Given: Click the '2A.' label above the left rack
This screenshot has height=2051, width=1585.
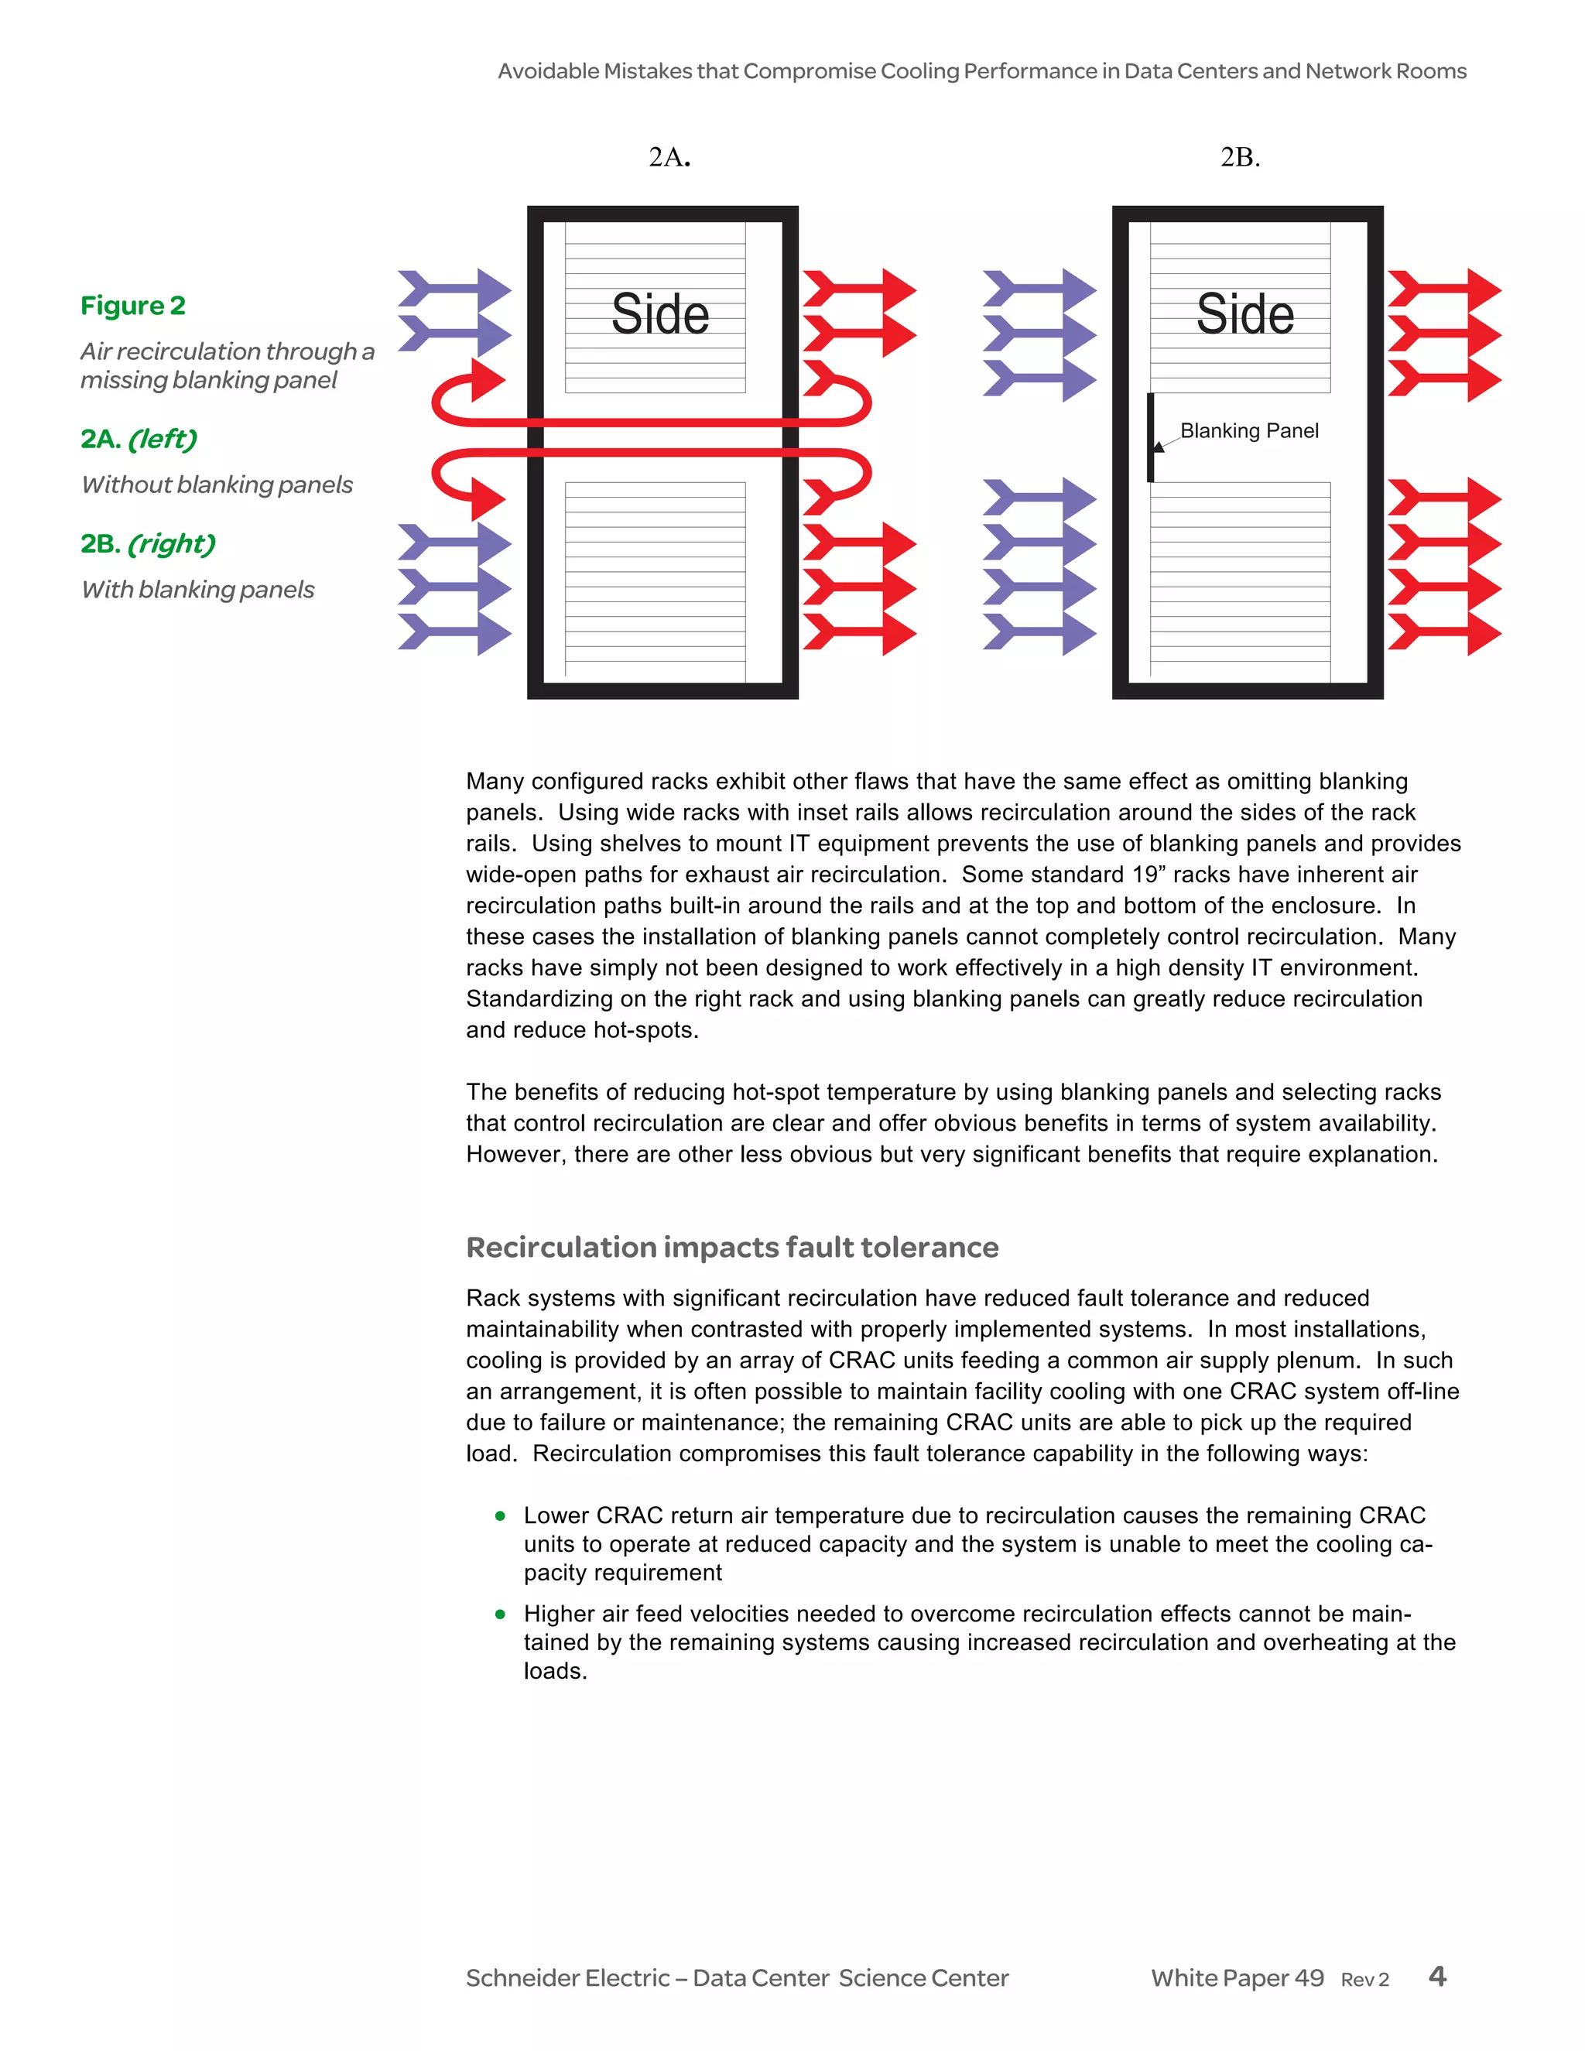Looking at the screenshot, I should point(669,157).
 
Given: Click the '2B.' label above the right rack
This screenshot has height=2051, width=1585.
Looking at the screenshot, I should point(1240,157).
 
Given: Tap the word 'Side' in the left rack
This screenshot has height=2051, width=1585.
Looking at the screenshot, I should point(659,313).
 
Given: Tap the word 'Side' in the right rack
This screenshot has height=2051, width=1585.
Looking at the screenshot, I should point(1244,313).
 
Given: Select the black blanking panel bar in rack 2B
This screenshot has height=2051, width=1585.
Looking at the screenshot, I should point(1150,437).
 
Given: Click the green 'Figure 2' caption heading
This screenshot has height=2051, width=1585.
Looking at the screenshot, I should point(132,306).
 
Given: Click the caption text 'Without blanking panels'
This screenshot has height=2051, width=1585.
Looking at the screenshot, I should point(217,485).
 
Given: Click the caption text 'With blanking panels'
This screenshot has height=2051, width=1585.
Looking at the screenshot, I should point(197,590).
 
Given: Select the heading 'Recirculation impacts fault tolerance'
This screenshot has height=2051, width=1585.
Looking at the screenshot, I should point(731,1247).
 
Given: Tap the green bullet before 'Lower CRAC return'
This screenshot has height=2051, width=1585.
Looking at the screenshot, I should point(501,1515).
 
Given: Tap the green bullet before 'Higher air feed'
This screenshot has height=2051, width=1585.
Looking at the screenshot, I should point(501,1614).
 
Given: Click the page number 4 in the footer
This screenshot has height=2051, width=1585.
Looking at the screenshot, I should point(1436,1976).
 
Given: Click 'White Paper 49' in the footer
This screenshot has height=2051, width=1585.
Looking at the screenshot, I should point(1237,1977).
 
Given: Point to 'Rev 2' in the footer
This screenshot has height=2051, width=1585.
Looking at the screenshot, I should point(1364,1980).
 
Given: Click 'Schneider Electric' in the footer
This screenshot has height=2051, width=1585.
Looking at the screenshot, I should point(567,1977).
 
